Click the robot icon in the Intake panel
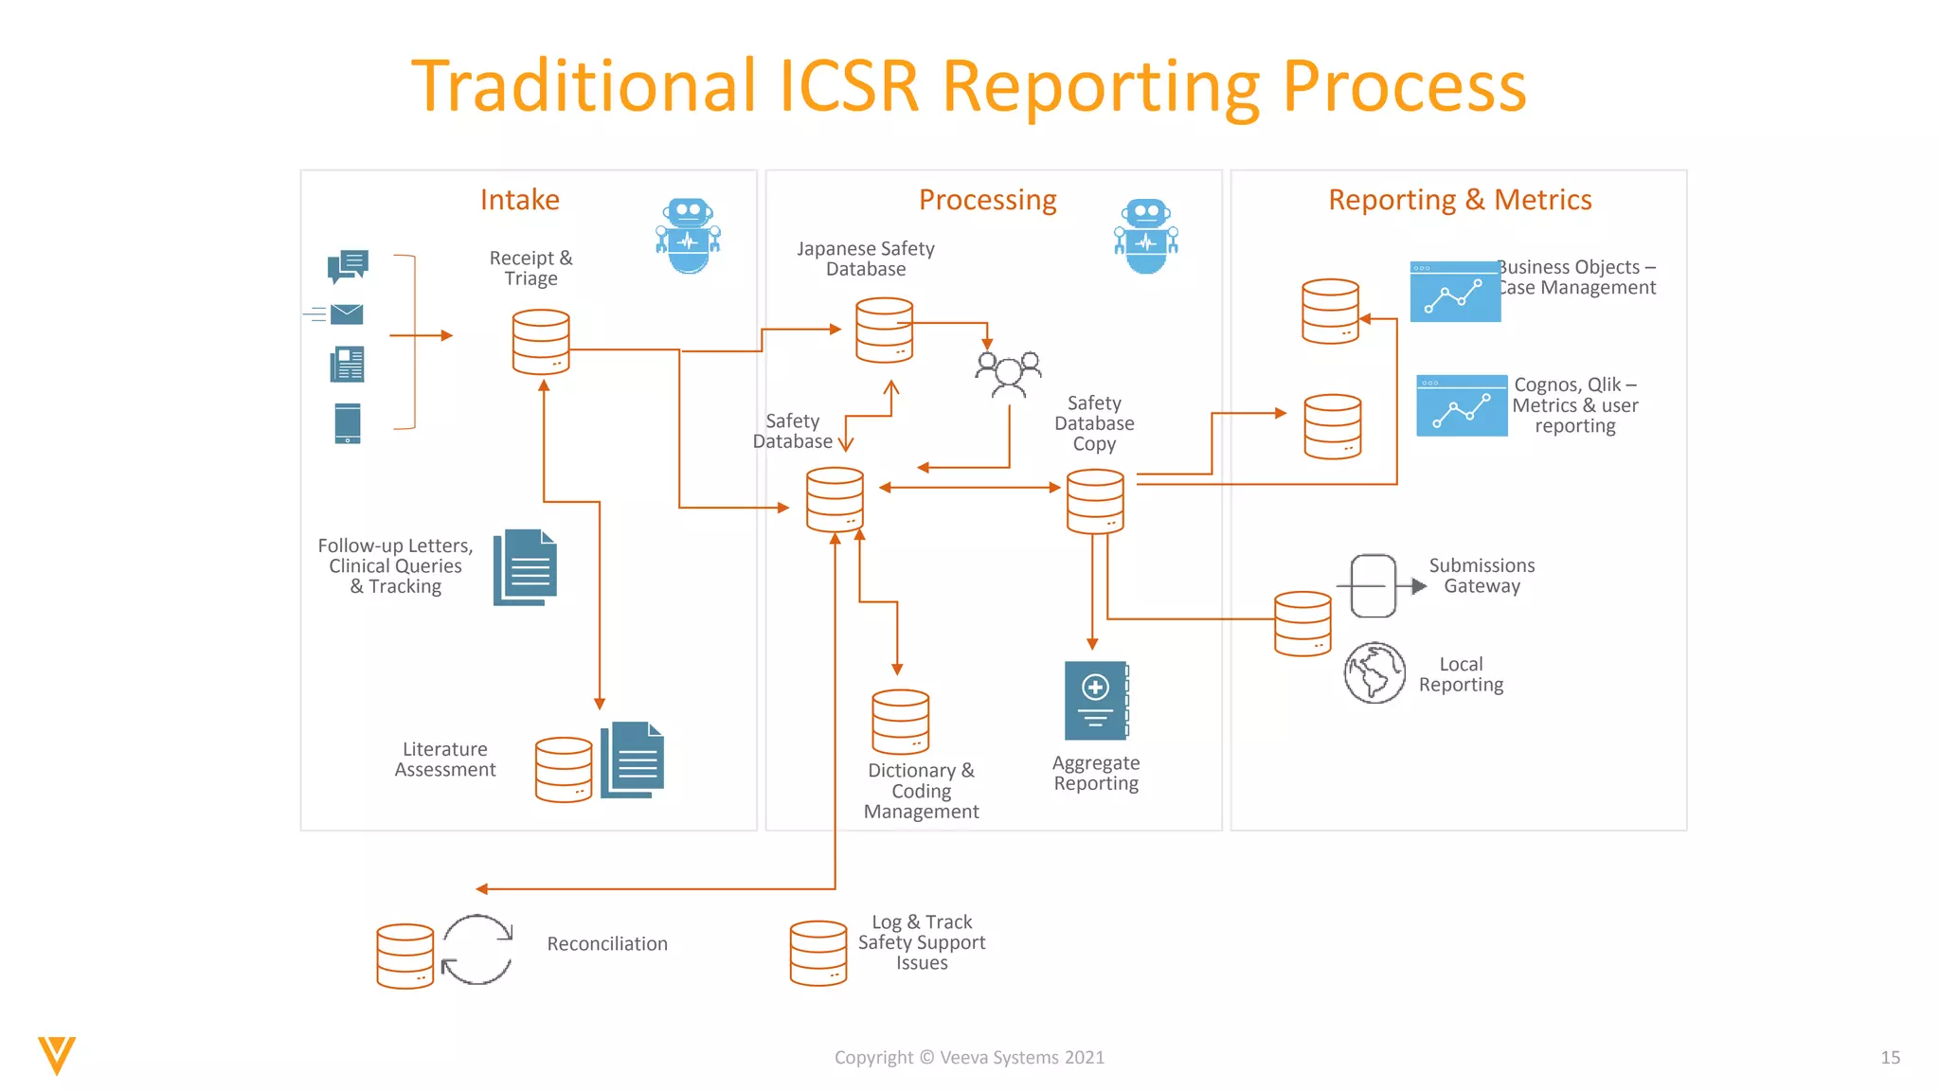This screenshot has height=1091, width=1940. pyautogui.click(x=689, y=236)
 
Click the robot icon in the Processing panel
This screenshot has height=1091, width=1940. pyautogui.click(x=1146, y=236)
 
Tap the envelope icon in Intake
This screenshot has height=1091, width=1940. pyautogui.click(x=347, y=313)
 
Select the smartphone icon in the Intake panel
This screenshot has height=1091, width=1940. pyautogui.click(x=348, y=423)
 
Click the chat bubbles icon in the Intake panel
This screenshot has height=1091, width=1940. pyautogui.click(x=348, y=266)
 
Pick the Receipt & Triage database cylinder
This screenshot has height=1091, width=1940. pyautogui.click(x=541, y=342)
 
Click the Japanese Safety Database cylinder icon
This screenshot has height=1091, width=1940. pyautogui.click(x=884, y=331)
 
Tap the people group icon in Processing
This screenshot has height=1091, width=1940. pyautogui.click(x=1009, y=374)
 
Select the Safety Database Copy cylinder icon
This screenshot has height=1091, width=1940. pyautogui.click(x=1095, y=502)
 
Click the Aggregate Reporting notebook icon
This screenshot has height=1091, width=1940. pyautogui.click(x=1096, y=701)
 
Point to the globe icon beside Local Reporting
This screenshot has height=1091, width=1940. pyautogui.click(x=1374, y=673)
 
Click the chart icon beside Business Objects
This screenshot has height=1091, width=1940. pyautogui.click(x=1455, y=292)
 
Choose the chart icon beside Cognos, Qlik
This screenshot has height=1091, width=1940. pyautogui.click(x=1462, y=405)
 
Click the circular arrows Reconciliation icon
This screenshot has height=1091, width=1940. pyautogui.click(x=477, y=950)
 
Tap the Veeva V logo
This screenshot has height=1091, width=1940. pyautogui.click(x=57, y=1055)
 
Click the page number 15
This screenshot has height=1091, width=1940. pyautogui.click(x=1890, y=1058)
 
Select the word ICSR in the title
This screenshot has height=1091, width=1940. pyautogui.click(x=849, y=87)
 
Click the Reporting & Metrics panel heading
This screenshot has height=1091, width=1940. pyautogui.click(x=1460, y=200)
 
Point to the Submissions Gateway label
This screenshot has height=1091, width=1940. pyautogui.click(x=1482, y=576)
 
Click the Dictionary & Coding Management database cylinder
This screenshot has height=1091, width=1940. pyautogui.click(x=900, y=723)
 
